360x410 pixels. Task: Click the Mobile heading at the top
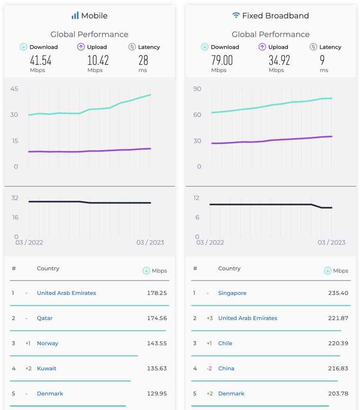point(94,16)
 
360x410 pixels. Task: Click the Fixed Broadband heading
point(275,16)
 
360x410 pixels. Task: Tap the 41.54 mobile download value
point(40,60)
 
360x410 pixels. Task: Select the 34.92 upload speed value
point(279,60)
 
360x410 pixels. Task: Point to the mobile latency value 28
point(143,60)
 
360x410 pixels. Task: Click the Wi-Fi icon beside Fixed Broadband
point(236,16)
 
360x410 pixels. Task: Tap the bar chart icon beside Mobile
point(75,16)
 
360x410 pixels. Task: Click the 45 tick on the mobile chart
point(14,89)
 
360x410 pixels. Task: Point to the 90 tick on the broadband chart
point(197,89)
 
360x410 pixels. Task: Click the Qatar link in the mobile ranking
point(45,318)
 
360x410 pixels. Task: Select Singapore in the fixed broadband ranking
point(232,293)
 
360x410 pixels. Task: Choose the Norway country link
point(47,343)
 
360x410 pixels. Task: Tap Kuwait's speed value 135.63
point(157,368)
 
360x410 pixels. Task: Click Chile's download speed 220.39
point(338,343)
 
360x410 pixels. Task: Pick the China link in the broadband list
point(226,368)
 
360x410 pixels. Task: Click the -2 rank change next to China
point(209,368)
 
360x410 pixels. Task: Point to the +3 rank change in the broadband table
point(209,318)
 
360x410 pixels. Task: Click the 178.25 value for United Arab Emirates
point(157,293)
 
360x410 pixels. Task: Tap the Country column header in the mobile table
point(48,268)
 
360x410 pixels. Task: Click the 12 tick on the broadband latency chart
point(197,198)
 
